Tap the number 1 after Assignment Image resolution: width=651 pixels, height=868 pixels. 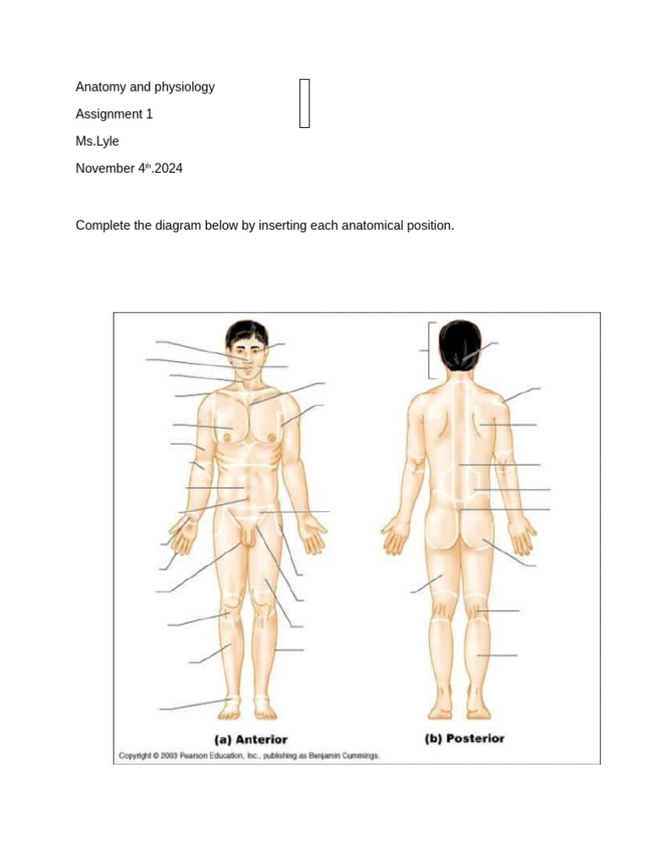[149, 114]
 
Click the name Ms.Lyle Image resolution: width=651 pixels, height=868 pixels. [97, 142]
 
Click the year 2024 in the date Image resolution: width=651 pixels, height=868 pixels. [169, 169]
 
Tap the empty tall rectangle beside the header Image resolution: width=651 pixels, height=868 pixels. [304, 103]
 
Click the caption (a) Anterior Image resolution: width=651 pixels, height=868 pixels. [251, 739]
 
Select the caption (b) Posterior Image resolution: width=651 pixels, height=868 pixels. [465, 738]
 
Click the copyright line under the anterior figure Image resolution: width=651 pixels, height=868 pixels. [249, 755]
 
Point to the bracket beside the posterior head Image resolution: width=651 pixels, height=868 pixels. [430, 350]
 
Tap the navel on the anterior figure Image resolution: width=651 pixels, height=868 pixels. [247, 488]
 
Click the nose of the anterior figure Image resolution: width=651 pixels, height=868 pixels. [248, 359]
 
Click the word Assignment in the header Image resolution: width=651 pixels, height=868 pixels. [109, 114]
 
